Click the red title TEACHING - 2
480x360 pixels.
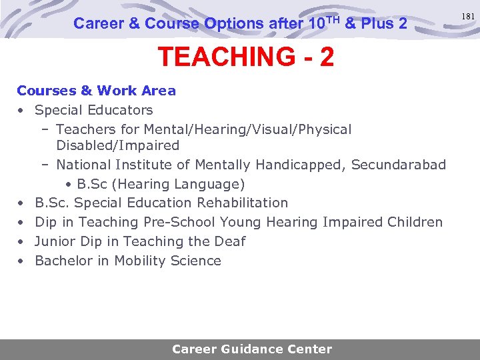[x=245, y=57]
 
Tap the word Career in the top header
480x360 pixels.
[x=98, y=23]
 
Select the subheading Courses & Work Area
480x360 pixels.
[x=96, y=91]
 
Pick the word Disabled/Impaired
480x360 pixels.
[x=117, y=145]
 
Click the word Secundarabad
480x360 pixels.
[x=399, y=165]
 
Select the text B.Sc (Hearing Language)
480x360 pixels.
[x=161, y=184]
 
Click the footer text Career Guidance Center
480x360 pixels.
[x=251, y=349]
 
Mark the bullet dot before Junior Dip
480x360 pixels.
[x=21, y=241]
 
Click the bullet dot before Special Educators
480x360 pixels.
[x=21, y=110]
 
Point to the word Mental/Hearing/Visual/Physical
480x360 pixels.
[x=247, y=129]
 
